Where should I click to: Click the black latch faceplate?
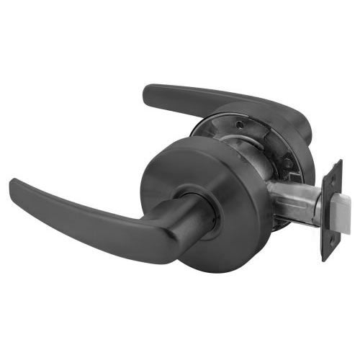point(333,209)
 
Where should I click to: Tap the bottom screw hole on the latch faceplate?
point(330,244)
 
